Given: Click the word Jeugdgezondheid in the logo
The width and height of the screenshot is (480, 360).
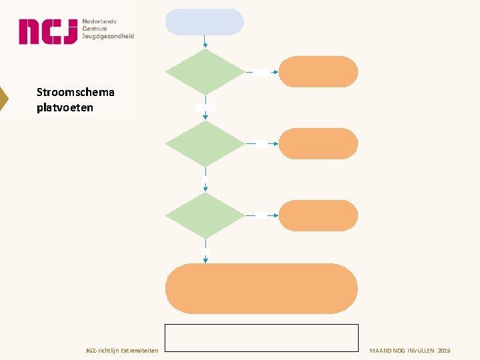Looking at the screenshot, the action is (108, 37).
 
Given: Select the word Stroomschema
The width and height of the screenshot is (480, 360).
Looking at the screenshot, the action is (75, 92).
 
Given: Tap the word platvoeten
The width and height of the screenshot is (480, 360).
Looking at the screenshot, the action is (65, 107).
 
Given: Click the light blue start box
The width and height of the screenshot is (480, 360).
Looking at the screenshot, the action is (205, 22).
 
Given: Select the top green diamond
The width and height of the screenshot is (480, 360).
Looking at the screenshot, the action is (205, 71).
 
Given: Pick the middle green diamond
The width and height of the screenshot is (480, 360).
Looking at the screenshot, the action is (205, 143).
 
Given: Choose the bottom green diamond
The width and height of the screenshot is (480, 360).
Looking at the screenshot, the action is (205, 215).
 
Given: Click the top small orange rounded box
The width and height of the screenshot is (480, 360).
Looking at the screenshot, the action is (318, 71).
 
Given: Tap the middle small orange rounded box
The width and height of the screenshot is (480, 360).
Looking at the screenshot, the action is (318, 143).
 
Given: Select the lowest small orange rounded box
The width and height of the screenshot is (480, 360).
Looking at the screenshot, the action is (318, 215).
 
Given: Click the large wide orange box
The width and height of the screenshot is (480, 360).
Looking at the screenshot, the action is (261, 288).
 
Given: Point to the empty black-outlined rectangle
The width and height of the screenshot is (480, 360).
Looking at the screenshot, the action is (261, 337).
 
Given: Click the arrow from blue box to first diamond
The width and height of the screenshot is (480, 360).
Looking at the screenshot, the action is (205, 41).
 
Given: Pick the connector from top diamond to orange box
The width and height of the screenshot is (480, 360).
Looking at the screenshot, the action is (261, 72).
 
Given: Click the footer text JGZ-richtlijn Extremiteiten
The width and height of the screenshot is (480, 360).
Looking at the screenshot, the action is (123, 351).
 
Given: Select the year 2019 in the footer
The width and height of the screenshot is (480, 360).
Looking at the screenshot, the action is (444, 351).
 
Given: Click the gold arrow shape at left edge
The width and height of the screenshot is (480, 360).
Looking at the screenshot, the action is (3, 98).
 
